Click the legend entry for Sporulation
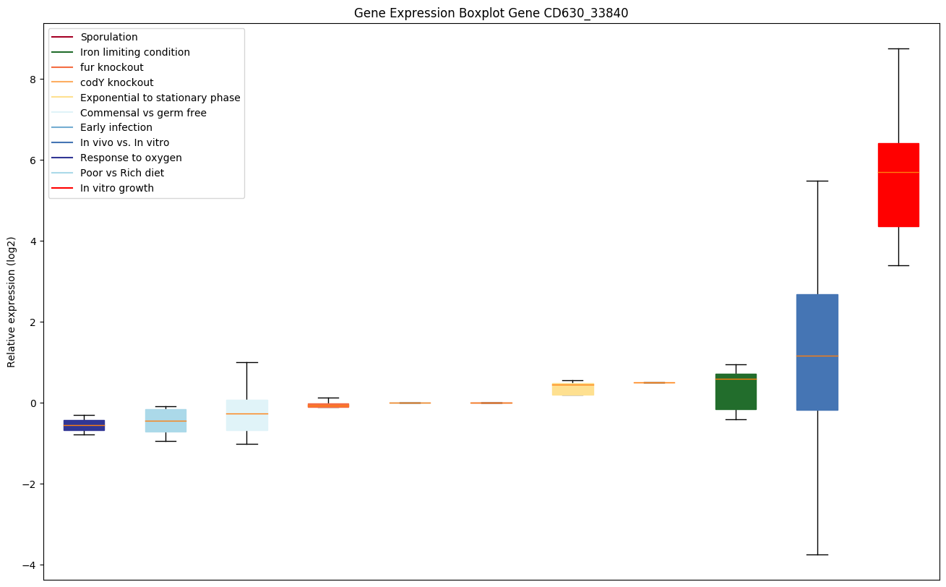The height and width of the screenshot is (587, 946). [x=109, y=37]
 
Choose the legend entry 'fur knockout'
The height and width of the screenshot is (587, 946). [x=112, y=67]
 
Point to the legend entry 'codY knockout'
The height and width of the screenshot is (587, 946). [x=117, y=82]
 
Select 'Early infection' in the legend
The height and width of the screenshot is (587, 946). [x=116, y=128]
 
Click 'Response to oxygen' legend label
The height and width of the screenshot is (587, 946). [x=131, y=158]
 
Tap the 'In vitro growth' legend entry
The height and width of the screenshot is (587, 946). [x=117, y=188]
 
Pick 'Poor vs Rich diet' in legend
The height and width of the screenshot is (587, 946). [x=122, y=173]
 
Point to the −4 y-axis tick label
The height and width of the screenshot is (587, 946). [x=30, y=565]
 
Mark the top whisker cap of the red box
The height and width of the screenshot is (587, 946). [x=898, y=48]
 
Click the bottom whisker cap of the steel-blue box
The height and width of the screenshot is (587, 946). [x=817, y=554]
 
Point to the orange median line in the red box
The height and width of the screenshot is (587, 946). [x=898, y=172]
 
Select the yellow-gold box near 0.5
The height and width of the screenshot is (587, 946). [x=572, y=389]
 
